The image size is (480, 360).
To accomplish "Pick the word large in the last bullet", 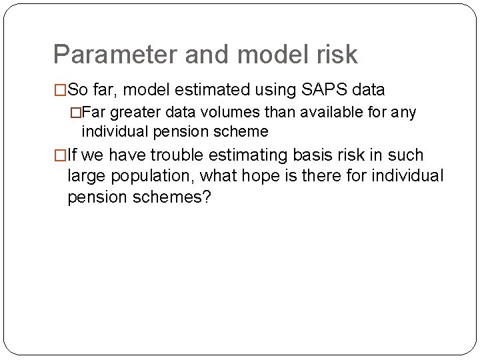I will click(x=85, y=177).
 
